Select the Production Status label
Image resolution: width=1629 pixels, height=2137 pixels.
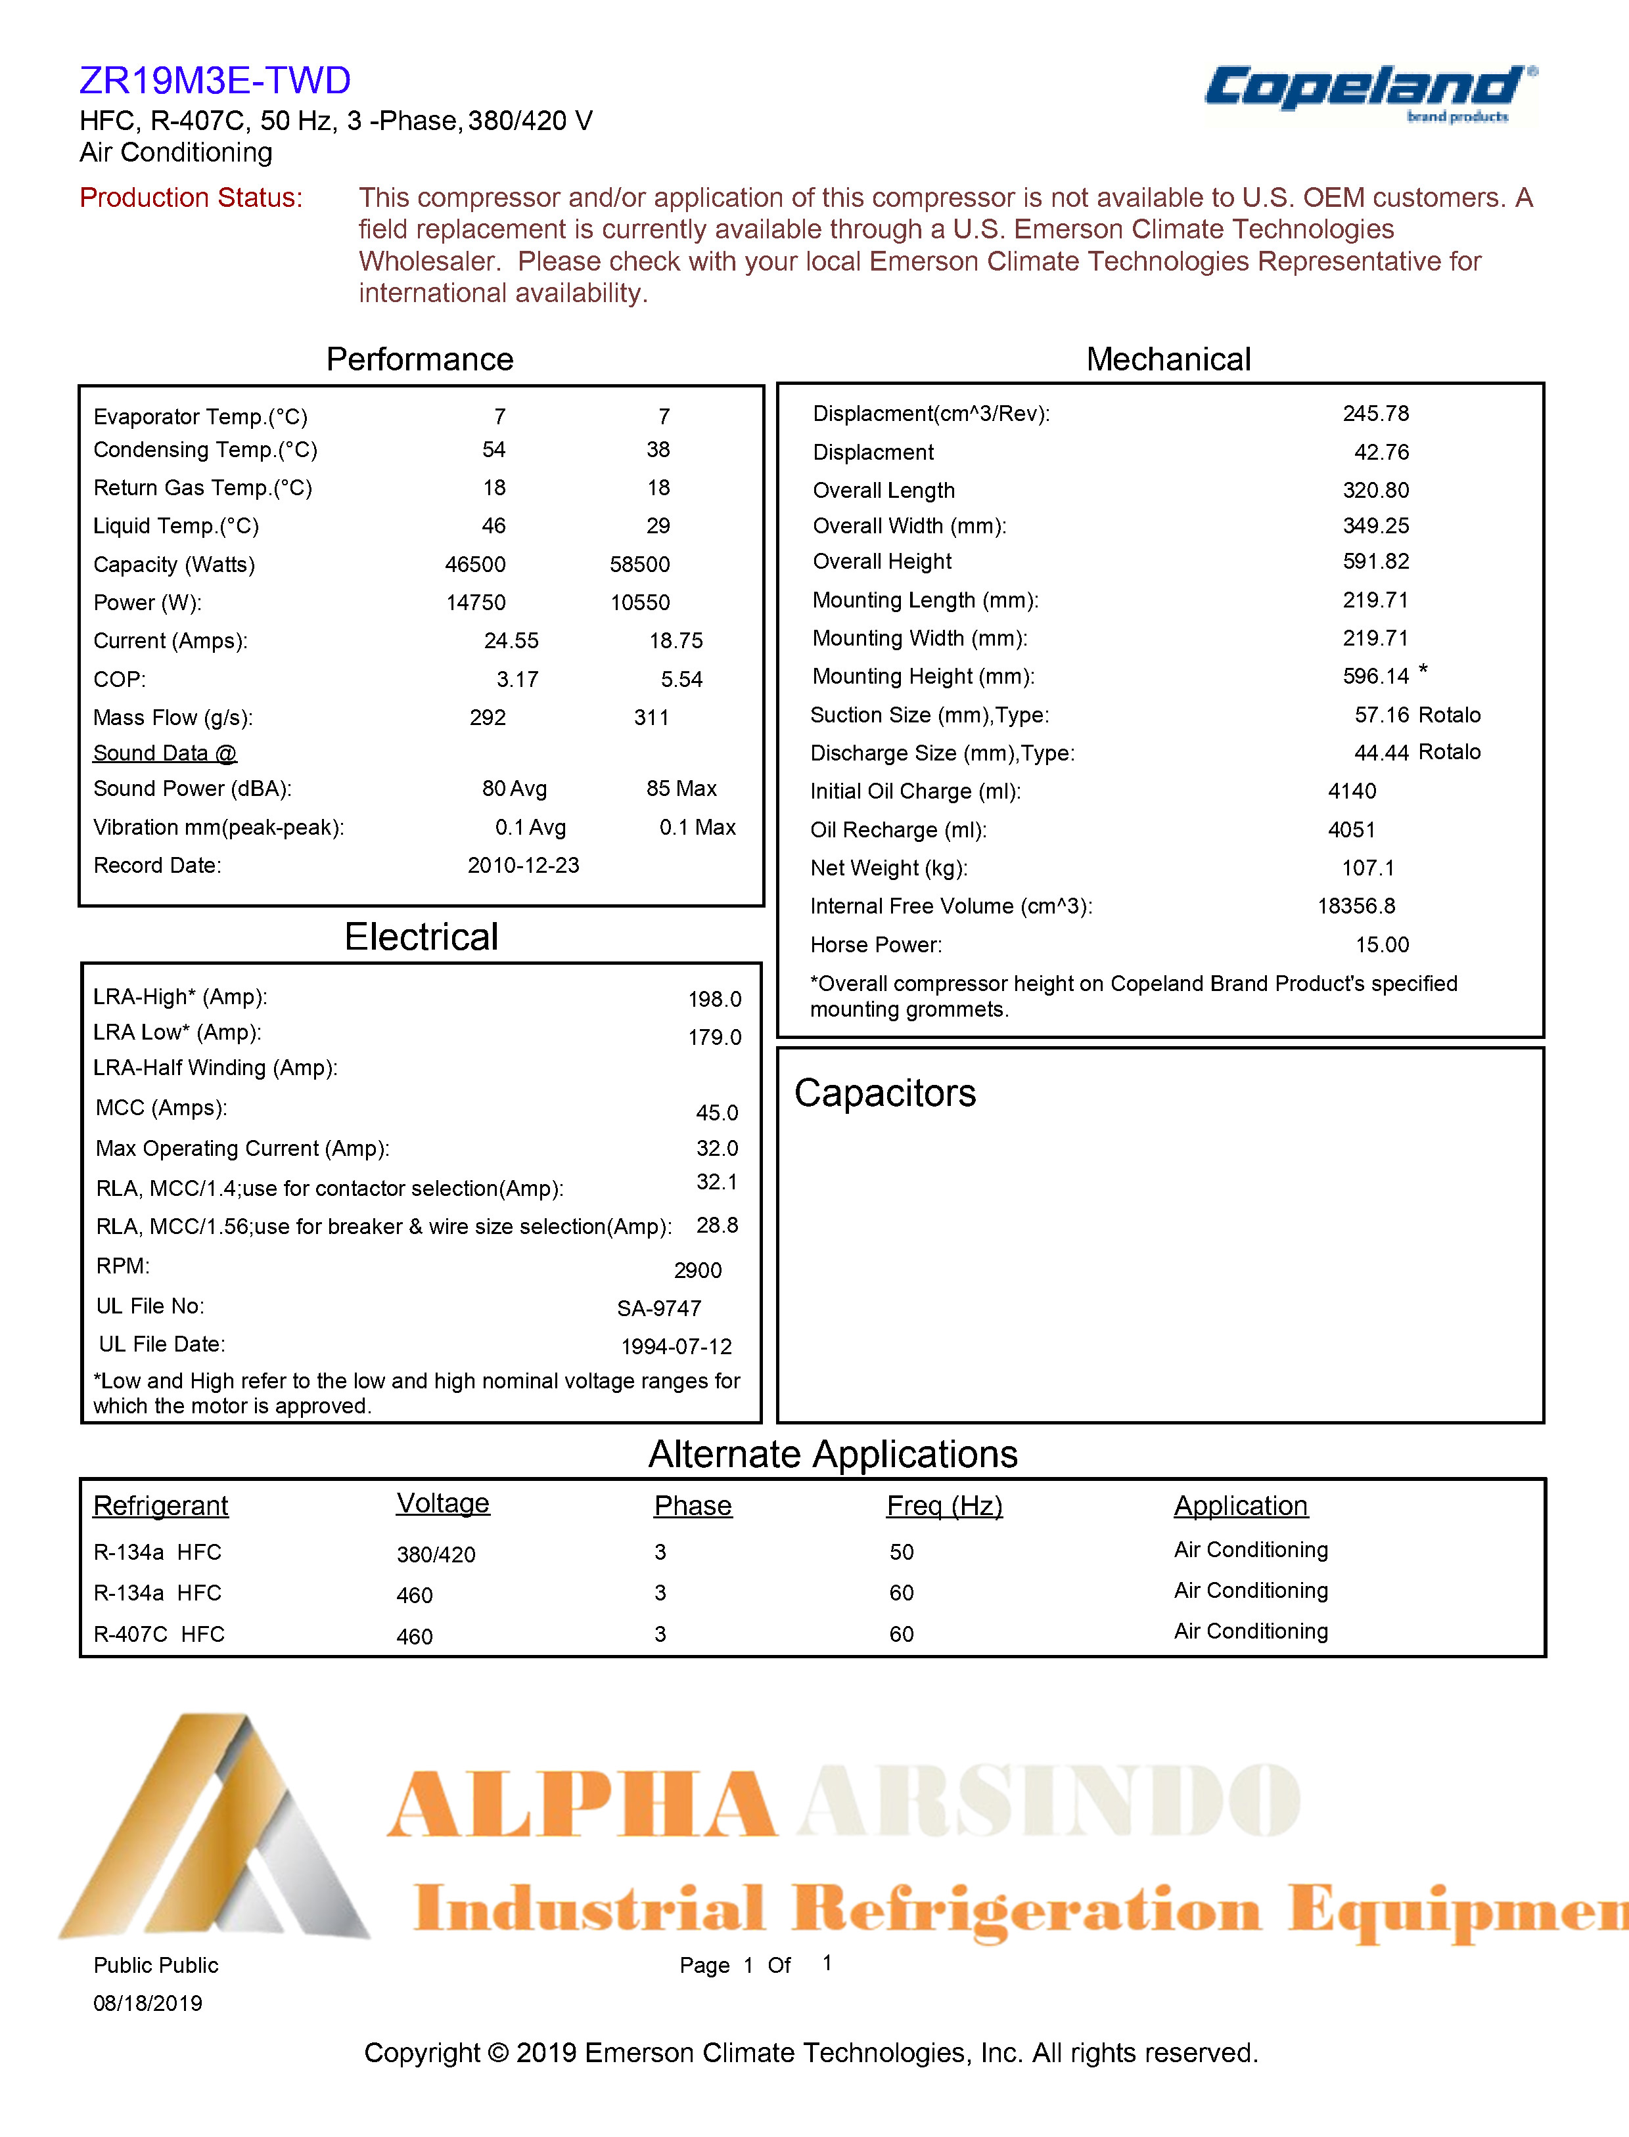(191, 198)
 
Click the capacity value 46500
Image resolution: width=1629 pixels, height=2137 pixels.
(475, 564)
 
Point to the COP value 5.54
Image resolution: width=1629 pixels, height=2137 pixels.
(681, 679)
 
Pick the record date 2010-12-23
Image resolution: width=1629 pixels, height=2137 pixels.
(522, 866)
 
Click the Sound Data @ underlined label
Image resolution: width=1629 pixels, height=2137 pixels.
(165, 753)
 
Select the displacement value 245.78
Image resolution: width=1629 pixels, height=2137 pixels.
(1375, 414)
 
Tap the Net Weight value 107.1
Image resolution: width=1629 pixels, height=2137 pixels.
(1367, 868)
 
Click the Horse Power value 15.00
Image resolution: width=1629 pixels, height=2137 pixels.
(1382, 945)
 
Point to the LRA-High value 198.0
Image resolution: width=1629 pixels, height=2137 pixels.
(715, 999)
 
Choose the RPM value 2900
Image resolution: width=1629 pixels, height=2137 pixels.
(697, 1271)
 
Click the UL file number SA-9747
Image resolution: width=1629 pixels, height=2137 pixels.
(658, 1308)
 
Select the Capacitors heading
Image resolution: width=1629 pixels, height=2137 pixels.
(884, 1093)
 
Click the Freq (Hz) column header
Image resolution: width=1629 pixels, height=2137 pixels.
(944, 1505)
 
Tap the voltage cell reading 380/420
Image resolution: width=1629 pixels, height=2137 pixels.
(436, 1554)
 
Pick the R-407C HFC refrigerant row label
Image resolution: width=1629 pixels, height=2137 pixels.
(159, 1634)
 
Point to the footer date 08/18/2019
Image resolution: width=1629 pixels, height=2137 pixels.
(147, 2003)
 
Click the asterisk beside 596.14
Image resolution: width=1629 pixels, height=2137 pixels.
(1423, 670)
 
